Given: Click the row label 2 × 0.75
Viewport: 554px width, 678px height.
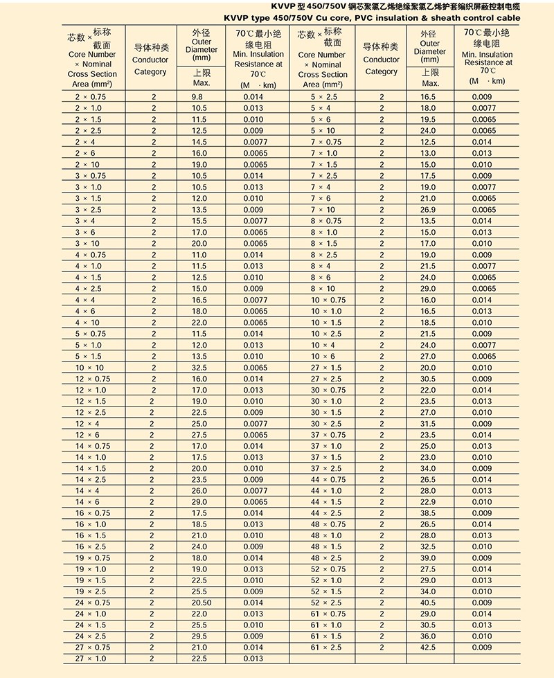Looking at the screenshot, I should point(91,97).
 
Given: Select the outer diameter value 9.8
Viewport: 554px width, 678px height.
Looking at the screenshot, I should point(199,97).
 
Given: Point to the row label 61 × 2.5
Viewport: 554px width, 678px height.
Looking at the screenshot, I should point(326,648).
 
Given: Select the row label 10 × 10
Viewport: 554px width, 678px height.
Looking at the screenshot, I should point(91,368).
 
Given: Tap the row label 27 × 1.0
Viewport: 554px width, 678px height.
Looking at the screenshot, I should point(91,659).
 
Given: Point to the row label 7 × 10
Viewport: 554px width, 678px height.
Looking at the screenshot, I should point(323,210).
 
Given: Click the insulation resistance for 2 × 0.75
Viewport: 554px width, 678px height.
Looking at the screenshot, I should point(254,97).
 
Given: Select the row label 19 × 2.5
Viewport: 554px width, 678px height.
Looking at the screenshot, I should point(91,591).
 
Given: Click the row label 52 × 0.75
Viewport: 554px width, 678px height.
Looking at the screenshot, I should point(328,569).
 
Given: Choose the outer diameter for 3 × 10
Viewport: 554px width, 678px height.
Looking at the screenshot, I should point(199,244).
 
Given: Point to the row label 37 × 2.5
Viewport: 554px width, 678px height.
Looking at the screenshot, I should point(326,468).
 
